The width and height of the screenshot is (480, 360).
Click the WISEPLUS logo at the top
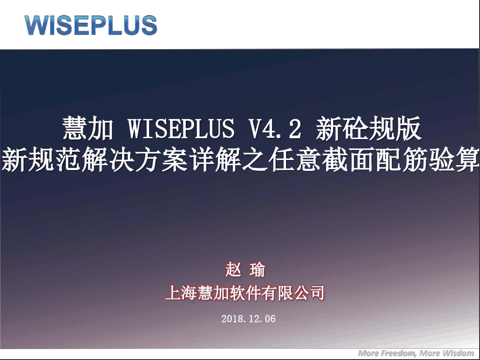tap(91, 25)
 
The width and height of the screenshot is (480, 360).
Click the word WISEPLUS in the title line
tap(181, 129)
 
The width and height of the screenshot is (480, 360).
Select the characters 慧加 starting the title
tap(88, 129)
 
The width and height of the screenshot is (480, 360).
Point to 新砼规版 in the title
tap(368, 129)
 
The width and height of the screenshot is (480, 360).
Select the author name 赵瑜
tap(245, 270)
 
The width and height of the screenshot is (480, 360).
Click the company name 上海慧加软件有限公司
tap(245, 292)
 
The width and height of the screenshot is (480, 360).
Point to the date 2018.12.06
tap(248, 319)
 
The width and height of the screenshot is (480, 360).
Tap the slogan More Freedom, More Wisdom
tap(416, 353)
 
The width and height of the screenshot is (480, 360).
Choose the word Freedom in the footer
tap(398, 353)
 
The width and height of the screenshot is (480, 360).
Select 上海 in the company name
tap(181, 292)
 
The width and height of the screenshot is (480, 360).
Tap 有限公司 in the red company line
tap(293, 292)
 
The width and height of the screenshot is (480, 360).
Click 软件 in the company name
tap(245, 292)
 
